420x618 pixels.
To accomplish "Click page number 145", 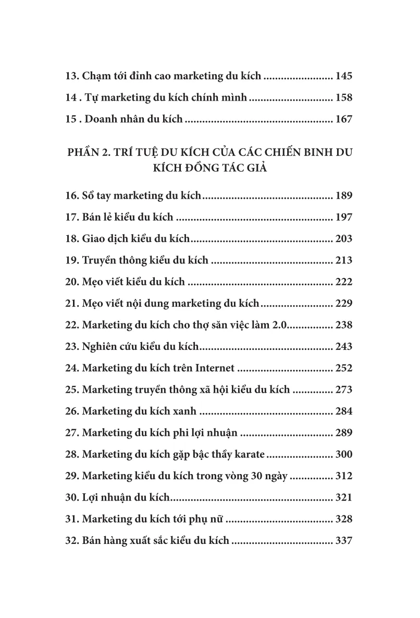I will tap(344, 76).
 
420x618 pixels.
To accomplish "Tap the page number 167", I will tap(344, 119).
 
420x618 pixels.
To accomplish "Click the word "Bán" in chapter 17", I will tap(92, 217).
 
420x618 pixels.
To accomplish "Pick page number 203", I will tap(344, 239).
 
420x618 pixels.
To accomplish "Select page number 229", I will tap(344, 304).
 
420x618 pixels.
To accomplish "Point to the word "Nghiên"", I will tap(101, 347).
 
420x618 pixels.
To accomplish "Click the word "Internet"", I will tap(215, 368).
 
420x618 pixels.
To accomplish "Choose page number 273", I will tap(344, 390).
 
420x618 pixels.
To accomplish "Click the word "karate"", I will tap(248, 454).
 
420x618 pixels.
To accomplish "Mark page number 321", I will tap(344, 498).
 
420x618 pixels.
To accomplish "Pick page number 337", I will tap(344, 540).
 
